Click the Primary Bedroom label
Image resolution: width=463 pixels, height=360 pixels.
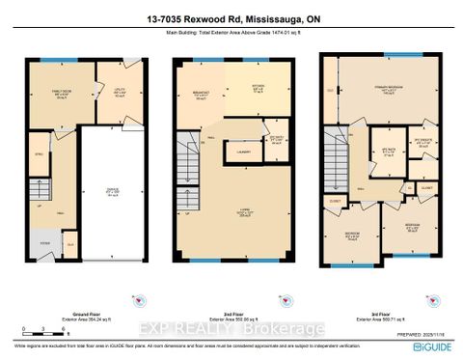[x=390, y=89]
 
